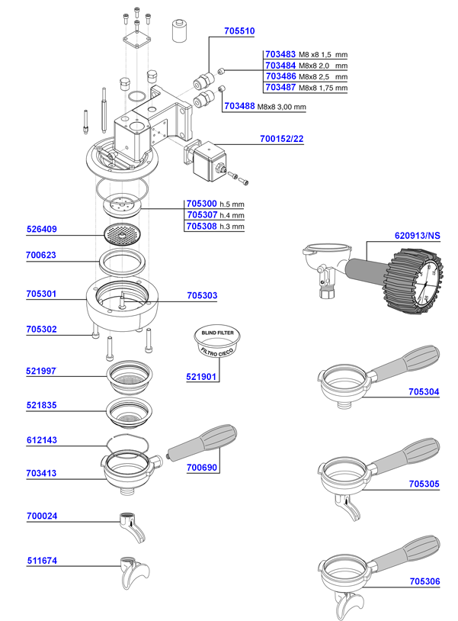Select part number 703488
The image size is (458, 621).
click(239, 107)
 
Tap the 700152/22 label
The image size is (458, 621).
click(282, 139)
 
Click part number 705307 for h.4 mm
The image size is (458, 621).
click(201, 215)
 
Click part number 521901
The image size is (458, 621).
click(202, 377)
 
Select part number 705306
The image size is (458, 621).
click(424, 581)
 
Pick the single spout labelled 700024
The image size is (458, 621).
click(130, 526)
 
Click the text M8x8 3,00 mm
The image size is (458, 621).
click(281, 107)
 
